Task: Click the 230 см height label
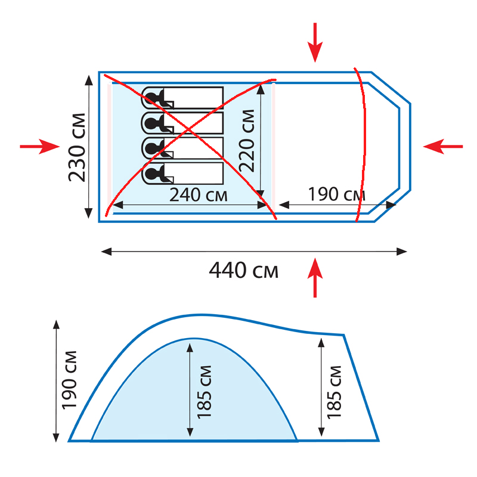point(77,147)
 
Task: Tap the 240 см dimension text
point(199,195)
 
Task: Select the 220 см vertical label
point(247,141)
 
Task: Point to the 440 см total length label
point(244,270)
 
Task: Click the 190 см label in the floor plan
point(337,194)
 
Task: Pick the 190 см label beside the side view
point(69,380)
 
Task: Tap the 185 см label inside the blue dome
point(204,392)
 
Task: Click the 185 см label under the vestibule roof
point(334,392)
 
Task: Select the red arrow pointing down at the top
point(315,42)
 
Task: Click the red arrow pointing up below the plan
point(315,277)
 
